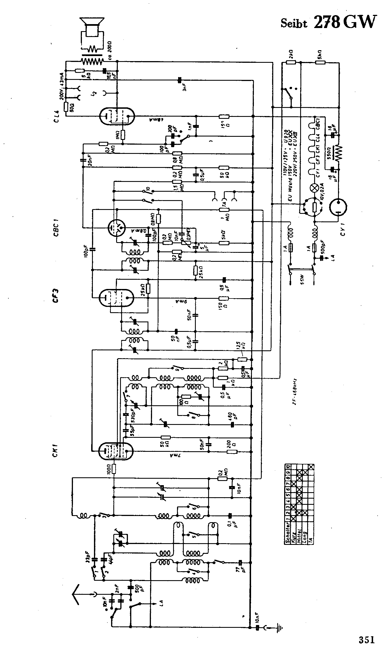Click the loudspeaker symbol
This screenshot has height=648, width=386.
click(92, 27)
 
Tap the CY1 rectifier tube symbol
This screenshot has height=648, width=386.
click(338, 208)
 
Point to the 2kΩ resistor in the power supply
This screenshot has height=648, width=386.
click(291, 62)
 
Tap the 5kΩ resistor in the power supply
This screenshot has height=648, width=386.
click(320, 62)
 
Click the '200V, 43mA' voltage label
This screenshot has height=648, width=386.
click(62, 84)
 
